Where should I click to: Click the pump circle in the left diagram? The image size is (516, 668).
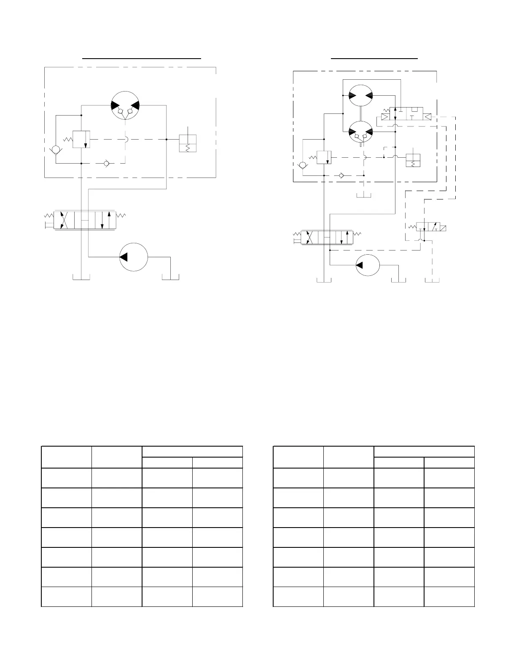[134, 257]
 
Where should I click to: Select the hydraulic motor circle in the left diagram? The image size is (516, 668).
[125, 105]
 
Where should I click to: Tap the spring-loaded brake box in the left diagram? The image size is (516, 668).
[188, 143]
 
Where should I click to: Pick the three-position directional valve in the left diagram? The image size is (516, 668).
[85, 220]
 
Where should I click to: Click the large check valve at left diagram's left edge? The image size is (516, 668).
[55, 150]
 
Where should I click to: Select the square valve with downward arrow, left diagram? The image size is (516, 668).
[81, 139]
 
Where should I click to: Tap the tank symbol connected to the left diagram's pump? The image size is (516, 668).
[171, 277]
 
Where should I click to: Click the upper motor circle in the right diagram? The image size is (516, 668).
[361, 95]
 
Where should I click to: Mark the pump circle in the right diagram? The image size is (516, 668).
[368, 265]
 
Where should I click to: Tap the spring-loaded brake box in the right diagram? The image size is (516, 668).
[413, 160]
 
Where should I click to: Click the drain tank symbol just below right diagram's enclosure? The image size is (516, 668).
[363, 194]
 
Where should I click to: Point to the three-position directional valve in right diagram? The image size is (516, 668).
[327, 237]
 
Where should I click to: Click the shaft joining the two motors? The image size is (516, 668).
[361, 113]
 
